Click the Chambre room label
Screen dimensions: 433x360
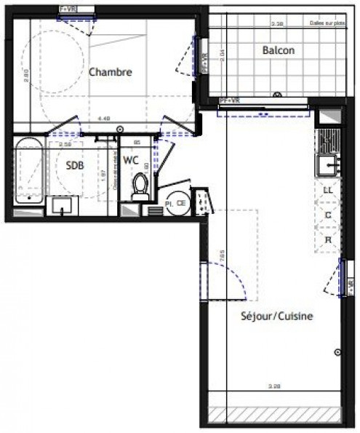[111, 72]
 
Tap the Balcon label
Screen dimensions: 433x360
[279, 50]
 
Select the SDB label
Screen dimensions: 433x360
[74, 165]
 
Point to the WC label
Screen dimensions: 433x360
[132, 160]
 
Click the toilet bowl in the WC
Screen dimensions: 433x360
[141, 187]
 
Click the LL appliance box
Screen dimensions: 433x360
[328, 190]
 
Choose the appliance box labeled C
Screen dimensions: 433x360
[328, 215]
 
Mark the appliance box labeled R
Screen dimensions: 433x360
[328, 239]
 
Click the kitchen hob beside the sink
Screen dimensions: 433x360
[327, 138]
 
